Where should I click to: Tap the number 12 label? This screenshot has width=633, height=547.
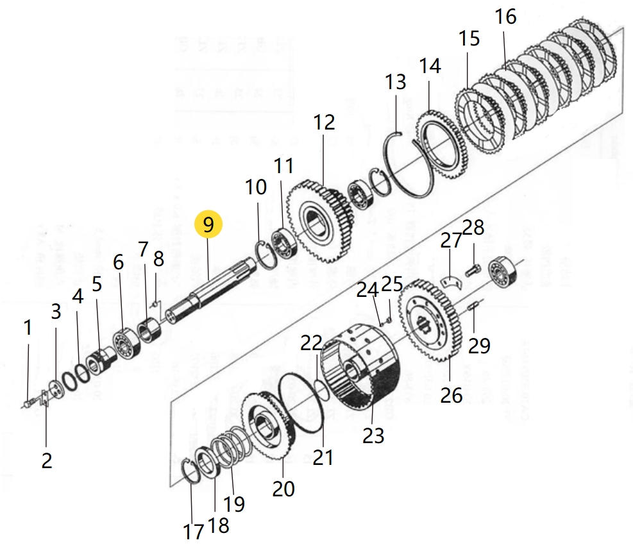click(x=324, y=122)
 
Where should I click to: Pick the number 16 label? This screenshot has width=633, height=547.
click(x=505, y=17)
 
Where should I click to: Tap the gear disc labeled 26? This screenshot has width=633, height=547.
click(x=429, y=320)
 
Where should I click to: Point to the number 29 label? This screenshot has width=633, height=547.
click(x=478, y=346)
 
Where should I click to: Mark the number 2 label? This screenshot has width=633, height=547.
click(x=46, y=460)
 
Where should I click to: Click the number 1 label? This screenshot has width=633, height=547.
click(x=28, y=328)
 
